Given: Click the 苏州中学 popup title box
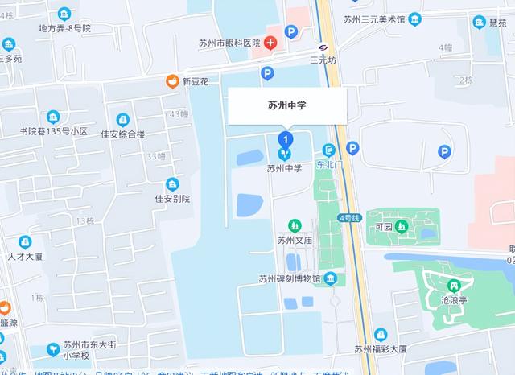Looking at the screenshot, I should coord(287,105).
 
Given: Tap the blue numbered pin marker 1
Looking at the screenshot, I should coord(283,139).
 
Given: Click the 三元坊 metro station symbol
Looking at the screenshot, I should coord(322,47).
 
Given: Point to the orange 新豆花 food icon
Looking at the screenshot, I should coord(171,80).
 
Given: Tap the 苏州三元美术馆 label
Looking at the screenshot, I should coord(374,20).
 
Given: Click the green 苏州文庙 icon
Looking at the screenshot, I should coord(294,225).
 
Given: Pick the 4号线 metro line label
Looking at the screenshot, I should coord(350,217).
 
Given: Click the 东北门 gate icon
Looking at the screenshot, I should coord(328,149).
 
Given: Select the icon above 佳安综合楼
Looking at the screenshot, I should coord(122,119).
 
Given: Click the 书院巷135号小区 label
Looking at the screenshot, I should coord(54,131).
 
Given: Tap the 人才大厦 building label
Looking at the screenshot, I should coord(27,258).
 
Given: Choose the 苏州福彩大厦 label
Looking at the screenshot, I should coord(381,349).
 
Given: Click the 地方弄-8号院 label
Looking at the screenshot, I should coord(64,28).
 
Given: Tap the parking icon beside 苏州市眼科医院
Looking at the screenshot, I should coord(291,32).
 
